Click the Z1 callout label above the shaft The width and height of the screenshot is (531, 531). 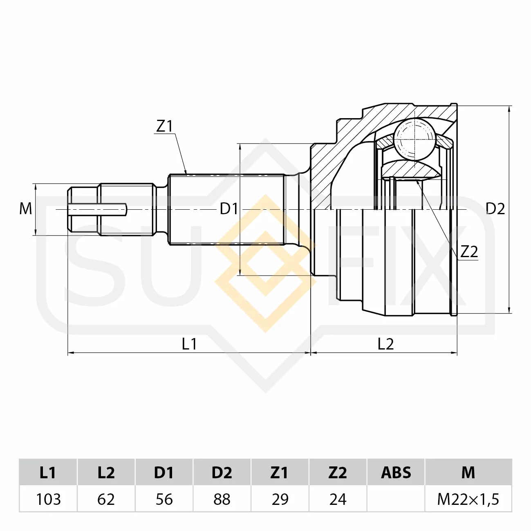coord(164,126)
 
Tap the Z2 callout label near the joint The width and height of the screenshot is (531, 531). coord(469,251)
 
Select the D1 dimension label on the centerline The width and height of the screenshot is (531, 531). coord(229,209)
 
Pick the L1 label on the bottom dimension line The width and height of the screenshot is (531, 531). coord(189,344)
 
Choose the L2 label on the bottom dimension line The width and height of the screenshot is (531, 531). coord(385,344)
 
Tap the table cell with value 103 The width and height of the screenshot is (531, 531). coord(48,499)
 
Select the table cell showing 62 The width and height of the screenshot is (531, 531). coord(106,499)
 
